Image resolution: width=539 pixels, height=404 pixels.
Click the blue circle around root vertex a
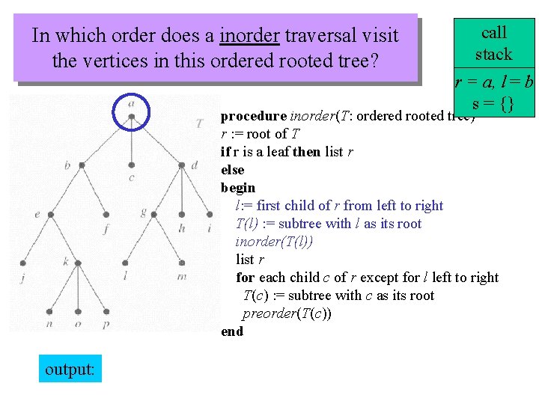[131, 114]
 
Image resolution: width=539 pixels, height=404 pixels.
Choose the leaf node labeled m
[182, 263]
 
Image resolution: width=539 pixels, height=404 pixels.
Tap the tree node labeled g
[154, 213]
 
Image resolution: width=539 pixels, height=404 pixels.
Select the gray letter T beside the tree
[199, 123]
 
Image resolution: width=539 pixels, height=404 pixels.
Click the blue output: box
[70, 369]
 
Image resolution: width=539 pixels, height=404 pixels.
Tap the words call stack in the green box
[494, 43]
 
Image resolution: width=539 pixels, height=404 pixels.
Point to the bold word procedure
[253, 116]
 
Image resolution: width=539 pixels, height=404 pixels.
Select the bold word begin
[238, 188]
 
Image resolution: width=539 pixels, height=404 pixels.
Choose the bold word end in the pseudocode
[232, 331]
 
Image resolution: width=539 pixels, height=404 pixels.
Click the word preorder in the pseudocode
[268, 313]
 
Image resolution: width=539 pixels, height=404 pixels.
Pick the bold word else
[232, 170]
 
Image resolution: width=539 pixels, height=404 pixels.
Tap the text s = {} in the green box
[493, 104]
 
